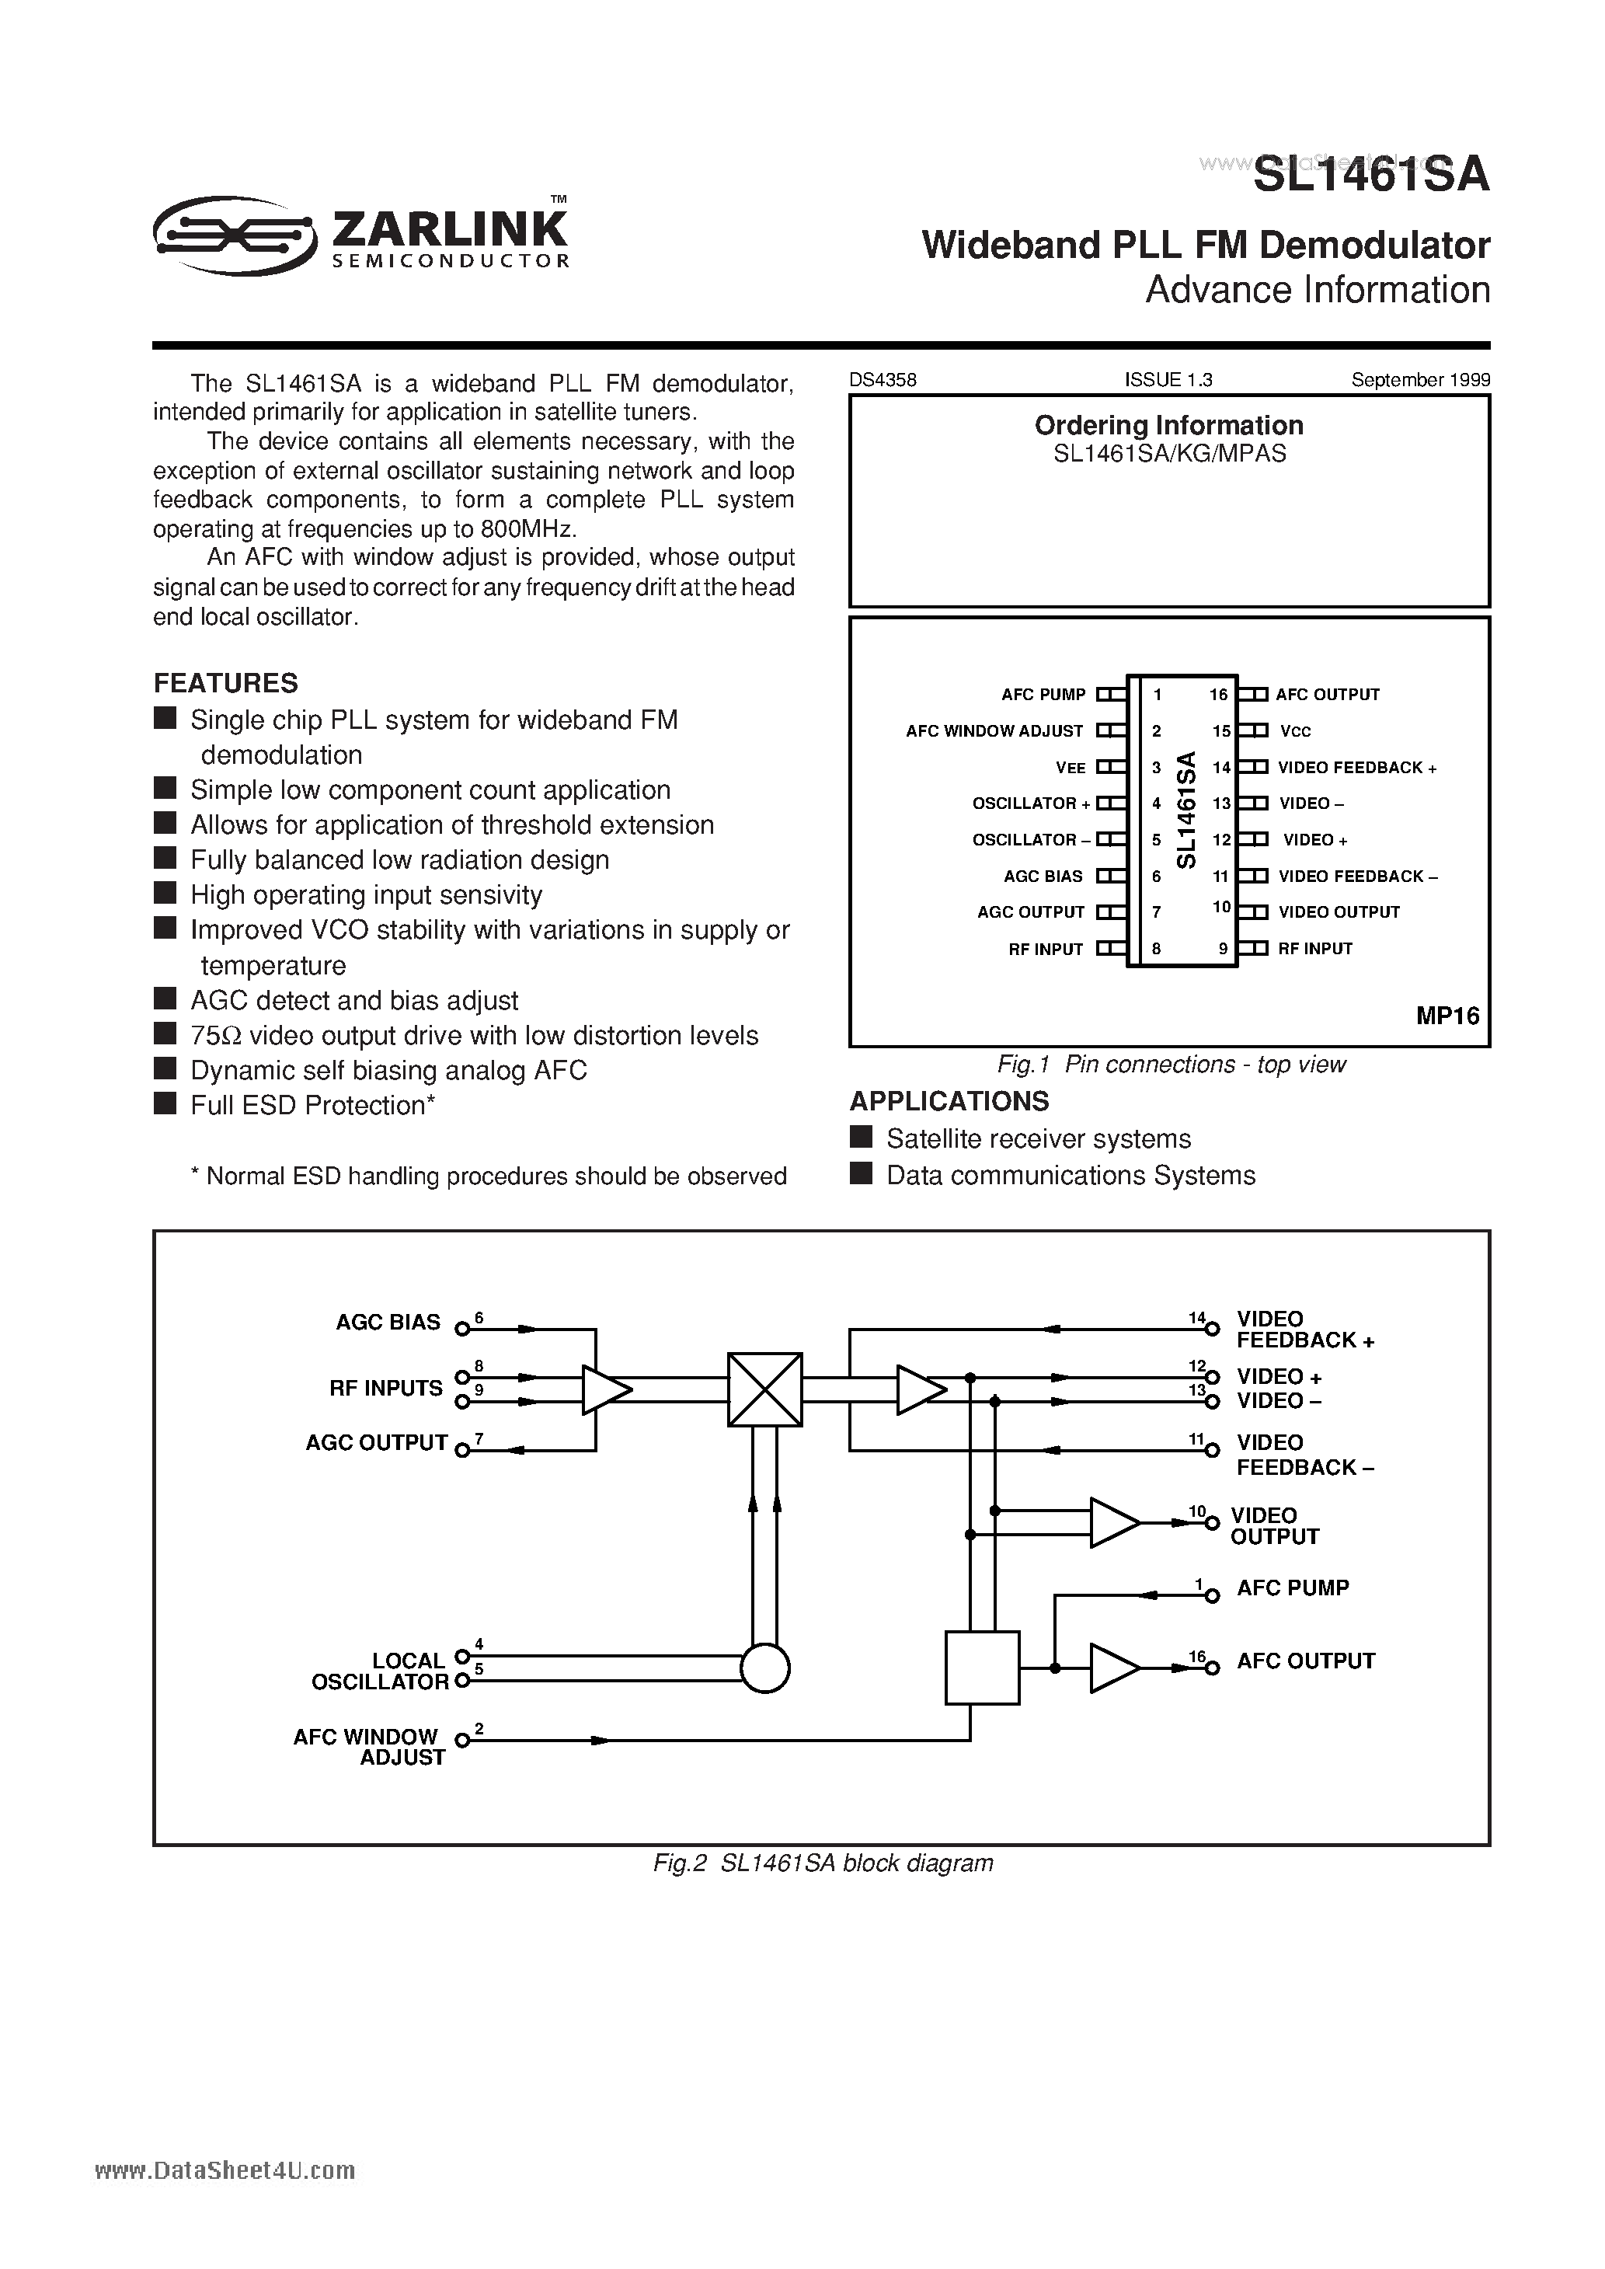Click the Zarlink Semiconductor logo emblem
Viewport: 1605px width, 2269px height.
point(235,233)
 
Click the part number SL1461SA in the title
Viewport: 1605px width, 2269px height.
point(1370,176)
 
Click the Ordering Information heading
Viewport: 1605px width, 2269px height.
point(1168,426)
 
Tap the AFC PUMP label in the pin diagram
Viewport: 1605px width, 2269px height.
point(1043,695)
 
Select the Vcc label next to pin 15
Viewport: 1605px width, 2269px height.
point(1295,731)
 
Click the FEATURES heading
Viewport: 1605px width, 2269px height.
point(225,683)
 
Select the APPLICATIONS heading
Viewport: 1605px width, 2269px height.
point(949,1101)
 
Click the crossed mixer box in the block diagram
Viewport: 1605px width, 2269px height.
point(765,1389)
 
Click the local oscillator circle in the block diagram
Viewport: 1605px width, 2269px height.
point(765,1668)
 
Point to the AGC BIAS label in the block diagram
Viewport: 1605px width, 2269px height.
point(388,1323)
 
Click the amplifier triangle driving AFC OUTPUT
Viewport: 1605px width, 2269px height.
point(1112,1668)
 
